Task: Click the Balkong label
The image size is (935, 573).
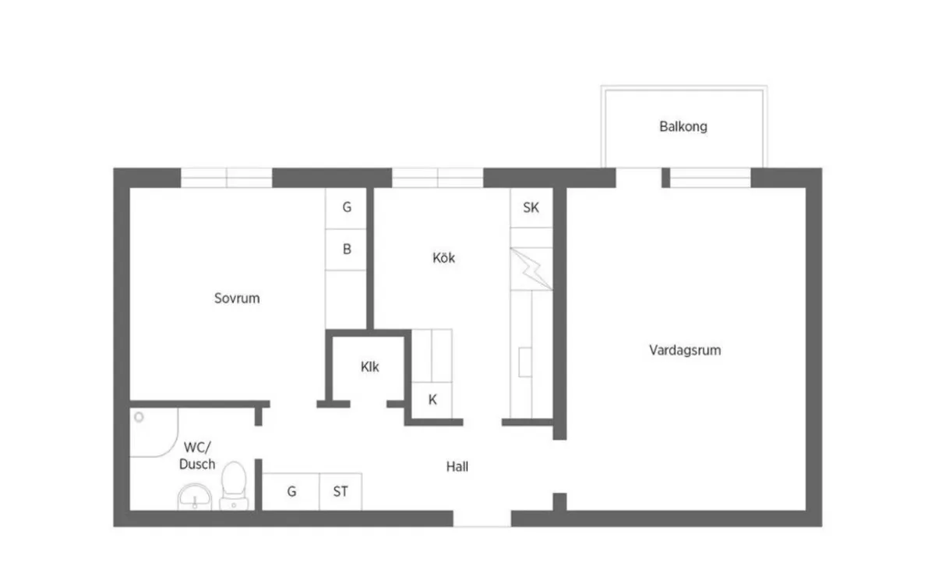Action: pyautogui.click(x=683, y=126)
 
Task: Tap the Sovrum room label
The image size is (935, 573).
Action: pyautogui.click(x=237, y=298)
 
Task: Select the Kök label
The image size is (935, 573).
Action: pyautogui.click(x=443, y=258)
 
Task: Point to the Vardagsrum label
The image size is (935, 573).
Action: pyautogui.click(x=685, y=350)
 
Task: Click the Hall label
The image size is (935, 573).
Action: pyautogui.click(x=457, y=466)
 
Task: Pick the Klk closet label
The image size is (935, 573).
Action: pyautogui.click(x=370, y=366)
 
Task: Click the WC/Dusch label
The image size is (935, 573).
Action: pyautogui.click(x=197, y=455)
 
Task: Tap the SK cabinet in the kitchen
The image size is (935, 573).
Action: pyautogui.click(x=531, y=207)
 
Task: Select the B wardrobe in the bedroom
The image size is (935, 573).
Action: pyautogui.click(x=346, y=249)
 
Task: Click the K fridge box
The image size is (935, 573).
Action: pyautogui.click(x=432, y=400)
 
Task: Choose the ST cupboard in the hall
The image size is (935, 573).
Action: pyautogui.click(x=340, y=492)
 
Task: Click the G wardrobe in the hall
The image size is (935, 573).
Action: pyautogui.click(x=291, y=492)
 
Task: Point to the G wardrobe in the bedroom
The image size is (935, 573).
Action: pyautogui.click(x=346, y=208)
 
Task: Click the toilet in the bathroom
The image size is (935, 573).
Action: pyautogui.click(x=234, y=486)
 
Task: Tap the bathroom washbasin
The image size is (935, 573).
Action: pyautogui.click(x=195, y=497)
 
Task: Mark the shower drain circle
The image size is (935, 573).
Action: pyautogui.click(x=139, y=417)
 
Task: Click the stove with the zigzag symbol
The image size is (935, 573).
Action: pyautogui.click(x=531, y=269)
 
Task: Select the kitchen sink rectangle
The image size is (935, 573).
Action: pyautogui.click(x=525, y=363)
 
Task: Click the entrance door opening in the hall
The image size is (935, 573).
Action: pyautogui.click(x=482, y=518)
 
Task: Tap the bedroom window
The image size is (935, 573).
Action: pyautogui.click(x=227, y=178)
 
